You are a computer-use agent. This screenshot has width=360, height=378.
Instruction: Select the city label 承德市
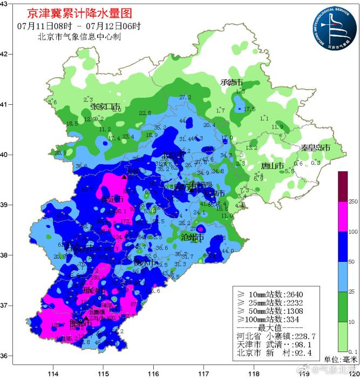232,83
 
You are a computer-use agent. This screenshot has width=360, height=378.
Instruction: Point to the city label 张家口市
105,106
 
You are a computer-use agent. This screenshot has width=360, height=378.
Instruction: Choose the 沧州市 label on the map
192,237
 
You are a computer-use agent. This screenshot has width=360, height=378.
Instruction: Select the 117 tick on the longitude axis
203,373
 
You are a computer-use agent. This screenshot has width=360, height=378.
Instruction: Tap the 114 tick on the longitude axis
53,373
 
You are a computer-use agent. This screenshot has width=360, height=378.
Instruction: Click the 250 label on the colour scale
354,201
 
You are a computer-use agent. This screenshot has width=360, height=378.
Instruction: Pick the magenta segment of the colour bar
343,217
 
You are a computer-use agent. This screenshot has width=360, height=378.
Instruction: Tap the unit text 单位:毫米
340,360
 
